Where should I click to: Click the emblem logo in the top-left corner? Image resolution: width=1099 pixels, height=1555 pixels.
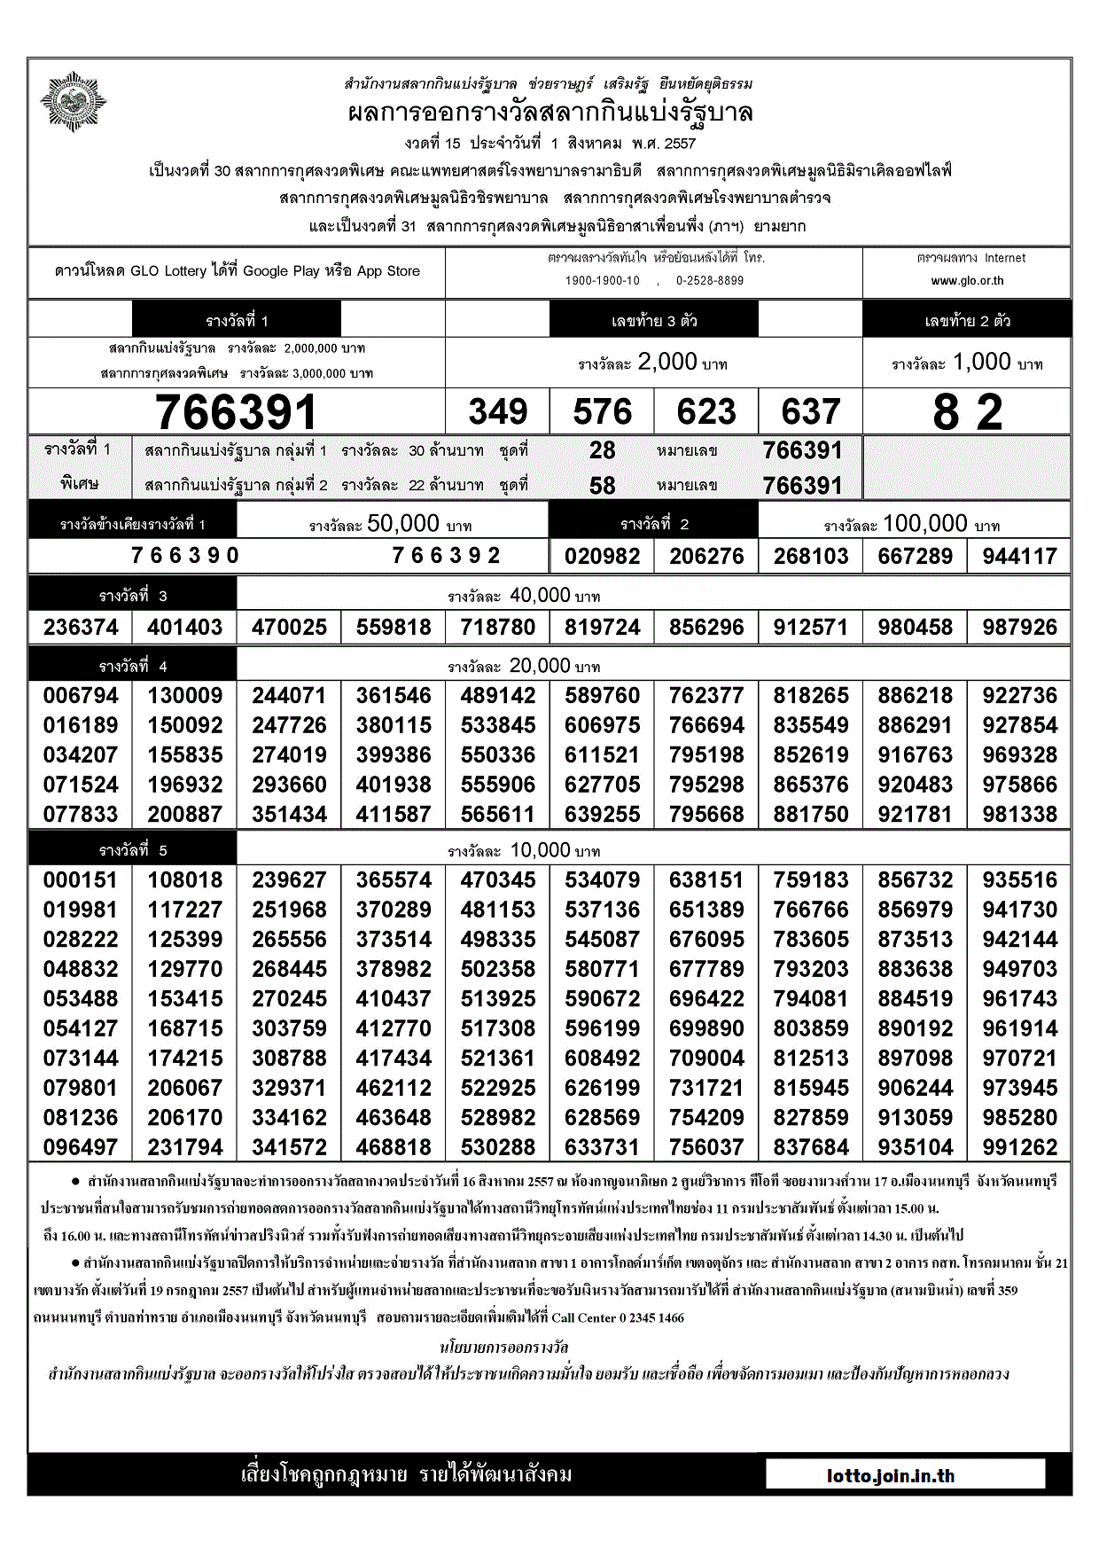pyautogui.click(x=74, y=102)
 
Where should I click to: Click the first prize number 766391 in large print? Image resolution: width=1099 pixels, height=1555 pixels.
pyautogui.click(x=236, y=412)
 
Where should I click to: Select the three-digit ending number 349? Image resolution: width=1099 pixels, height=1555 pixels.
pyautogui.click(x=498, y=412)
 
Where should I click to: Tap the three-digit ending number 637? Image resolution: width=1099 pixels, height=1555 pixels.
pyautogui.click(x=811, y=412)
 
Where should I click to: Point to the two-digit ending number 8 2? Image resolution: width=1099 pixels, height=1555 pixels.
pyautogui.click(x=967, y=413)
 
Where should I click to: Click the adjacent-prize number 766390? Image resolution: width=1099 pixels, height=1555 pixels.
pyautogui.click(x=185, y=556)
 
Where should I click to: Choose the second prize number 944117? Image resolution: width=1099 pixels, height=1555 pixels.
pyautogui.click(x=1019, y=557)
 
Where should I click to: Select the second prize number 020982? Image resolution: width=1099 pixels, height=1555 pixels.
pyautogui.click(x=603, y=557)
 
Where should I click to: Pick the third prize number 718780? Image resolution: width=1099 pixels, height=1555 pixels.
pyautogui.click(x=498, y=628)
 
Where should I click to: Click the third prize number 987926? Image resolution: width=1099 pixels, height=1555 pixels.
pyautogui.click(x=1019, y=628)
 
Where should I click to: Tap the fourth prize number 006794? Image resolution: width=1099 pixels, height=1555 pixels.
pyautogui.click(x=81, y=696)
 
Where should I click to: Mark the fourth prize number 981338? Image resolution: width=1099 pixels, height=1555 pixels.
pyautogui.click(x=1019, y=815)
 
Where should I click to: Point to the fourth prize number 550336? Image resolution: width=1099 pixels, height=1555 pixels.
pyautogui.click(x=498, y=755)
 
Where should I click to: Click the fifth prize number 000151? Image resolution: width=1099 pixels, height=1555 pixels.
pyautogui.click(x=81, y=880)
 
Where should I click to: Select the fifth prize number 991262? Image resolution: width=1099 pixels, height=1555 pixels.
pyautogui.click(x=1019, y=1148)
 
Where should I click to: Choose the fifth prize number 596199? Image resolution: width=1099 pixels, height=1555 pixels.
pyautogui.click(x=603, y=1029)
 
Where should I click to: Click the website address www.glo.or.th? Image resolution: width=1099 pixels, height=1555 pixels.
pyautogui.click(x=967, y=281)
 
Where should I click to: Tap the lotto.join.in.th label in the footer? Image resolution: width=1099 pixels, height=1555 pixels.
pyautogui.click(x=891, y=1476)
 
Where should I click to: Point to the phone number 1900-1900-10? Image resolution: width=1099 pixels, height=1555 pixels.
pyautogui.click(x=603, y=281)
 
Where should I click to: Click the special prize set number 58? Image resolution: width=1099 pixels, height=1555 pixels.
pyautogui.click(x=603, y=486)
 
